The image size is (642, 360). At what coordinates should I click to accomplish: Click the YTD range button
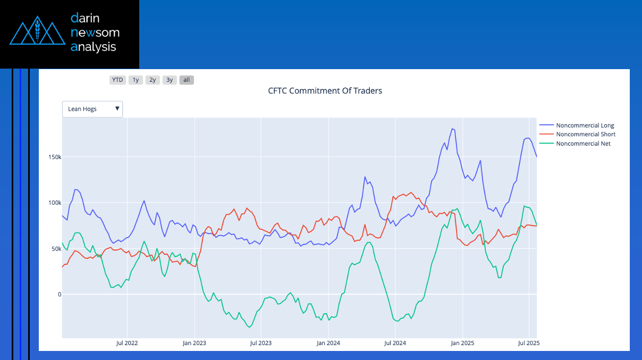point(117,80)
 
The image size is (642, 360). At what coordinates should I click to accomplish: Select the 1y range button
point(136,80)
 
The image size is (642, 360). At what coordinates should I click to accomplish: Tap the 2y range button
point(153,80)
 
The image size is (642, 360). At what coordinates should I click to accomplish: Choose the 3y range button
point(170,80)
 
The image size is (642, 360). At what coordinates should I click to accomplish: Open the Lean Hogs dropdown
point(92,109)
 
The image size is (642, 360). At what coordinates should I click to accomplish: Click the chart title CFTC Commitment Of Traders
point(325,91)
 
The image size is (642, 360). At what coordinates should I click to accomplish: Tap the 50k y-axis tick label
point(56,249)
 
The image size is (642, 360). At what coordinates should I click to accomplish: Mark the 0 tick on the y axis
point(60,295)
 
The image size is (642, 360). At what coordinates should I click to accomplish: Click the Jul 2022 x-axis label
point(127,343)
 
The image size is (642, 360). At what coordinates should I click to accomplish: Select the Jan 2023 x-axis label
point(195,343)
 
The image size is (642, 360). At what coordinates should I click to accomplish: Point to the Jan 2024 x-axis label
point(328,343)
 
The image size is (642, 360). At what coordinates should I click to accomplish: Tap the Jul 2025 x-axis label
point(529,343)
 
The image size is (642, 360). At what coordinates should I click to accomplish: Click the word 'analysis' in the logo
point(94,47)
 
